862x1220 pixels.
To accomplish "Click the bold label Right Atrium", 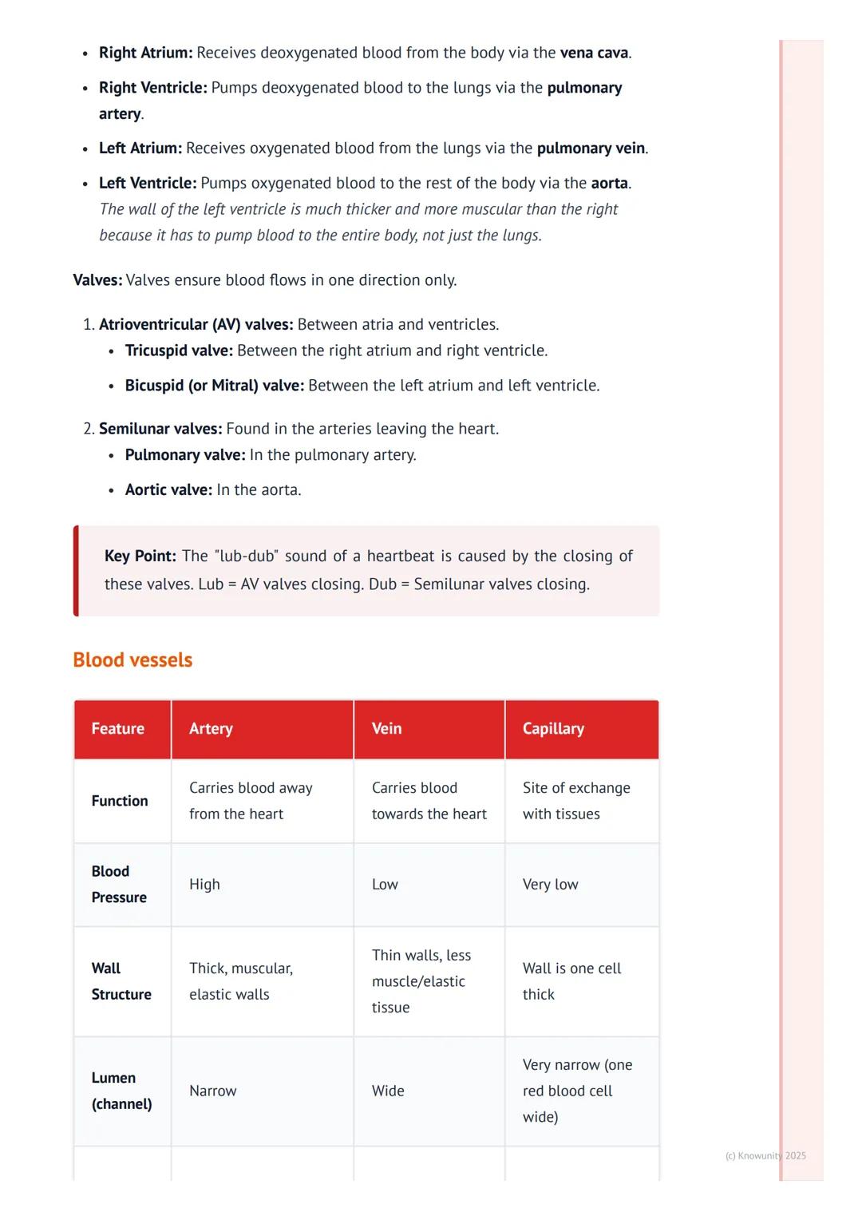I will pyautogui.click(x=145, y=53).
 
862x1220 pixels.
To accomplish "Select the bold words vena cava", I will pyautogui.click(x=594, y=53).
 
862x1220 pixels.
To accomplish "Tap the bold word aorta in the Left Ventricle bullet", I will pyautogui.click(x=609, y=183).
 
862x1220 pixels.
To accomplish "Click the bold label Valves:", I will pyautogui.click(x=97, y=280).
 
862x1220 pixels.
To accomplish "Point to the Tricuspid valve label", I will pyautogui.click(x=179, y=351).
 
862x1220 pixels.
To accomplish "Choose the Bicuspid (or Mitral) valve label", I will pyautogui.click(x=214, y=386).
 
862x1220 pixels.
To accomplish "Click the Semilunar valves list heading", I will pyautogui.click(x=160, y=429).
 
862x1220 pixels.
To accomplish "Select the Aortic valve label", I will pyautogui.click(x=168, y=489).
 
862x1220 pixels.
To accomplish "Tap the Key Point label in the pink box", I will pyautogui.click(x=140, y=556).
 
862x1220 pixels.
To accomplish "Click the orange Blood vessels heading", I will pyautogui.click(x=132, y=660).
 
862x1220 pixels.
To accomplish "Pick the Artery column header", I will pyautogui.click(x=211, y=728).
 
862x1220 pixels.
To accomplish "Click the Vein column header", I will pyautogui.click(x=386, y=728).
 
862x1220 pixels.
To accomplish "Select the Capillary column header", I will pyautogui.click(x=553, y=728).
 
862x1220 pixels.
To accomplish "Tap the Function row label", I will pyautogui.click(x=120, y=801).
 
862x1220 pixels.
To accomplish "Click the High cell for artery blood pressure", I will pyautogui.click(x=204, y=885).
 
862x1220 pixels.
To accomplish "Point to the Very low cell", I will pyautogui.click(x=550, y=885).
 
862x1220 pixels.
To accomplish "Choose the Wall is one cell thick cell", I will pyautogui.click(x=571, y=981).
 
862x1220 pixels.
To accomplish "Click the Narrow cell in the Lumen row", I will pyautogui.click(x=212, y=1091).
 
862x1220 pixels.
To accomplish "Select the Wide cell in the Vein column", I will pyautogui.click(x=388, y=1091).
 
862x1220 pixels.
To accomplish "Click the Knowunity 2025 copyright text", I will pyautogui.click(x=765, y=1155).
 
